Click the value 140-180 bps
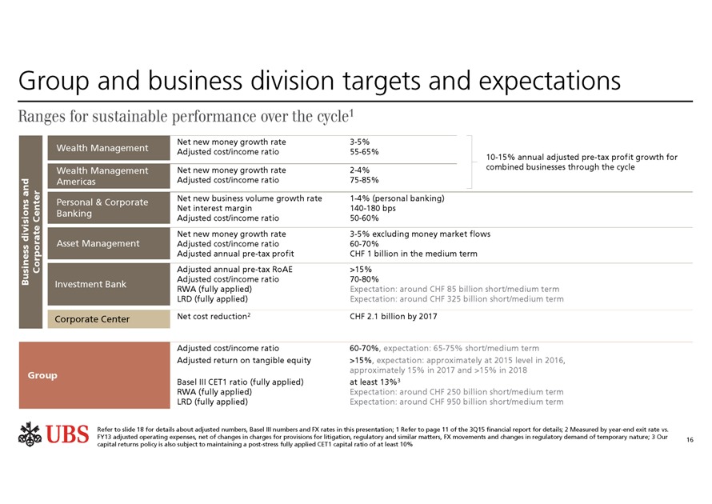[373, 208]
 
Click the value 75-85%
[364, 180]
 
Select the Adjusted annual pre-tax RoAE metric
[234, 270]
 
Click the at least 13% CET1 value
[376, 382]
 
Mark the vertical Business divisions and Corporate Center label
[30, 230]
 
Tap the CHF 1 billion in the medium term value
[413, 254]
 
